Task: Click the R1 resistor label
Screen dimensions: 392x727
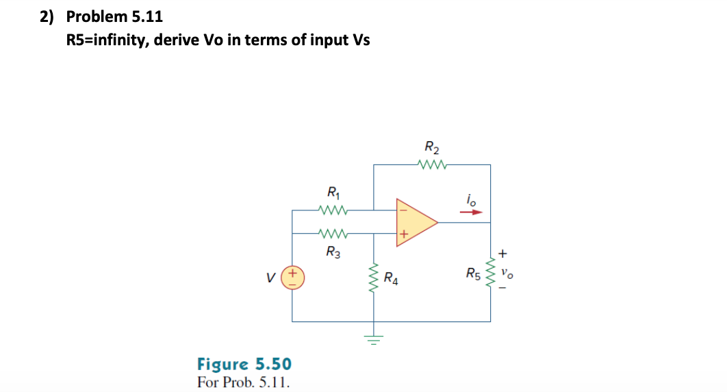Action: [x=333, y=193]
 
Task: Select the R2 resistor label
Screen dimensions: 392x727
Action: [x=432, y=147]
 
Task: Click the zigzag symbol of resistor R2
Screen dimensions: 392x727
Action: [x=432, y=164]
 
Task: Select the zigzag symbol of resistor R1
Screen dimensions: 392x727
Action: [x=333, y=210]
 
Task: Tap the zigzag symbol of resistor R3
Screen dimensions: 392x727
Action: [x=333, y=234]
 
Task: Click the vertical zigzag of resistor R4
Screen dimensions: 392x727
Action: [x=374, y=278]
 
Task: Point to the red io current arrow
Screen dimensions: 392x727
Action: [x=471, y=212]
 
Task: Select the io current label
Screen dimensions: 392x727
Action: [x=470, y=199]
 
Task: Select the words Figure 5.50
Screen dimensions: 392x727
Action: [x=244, y=363]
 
